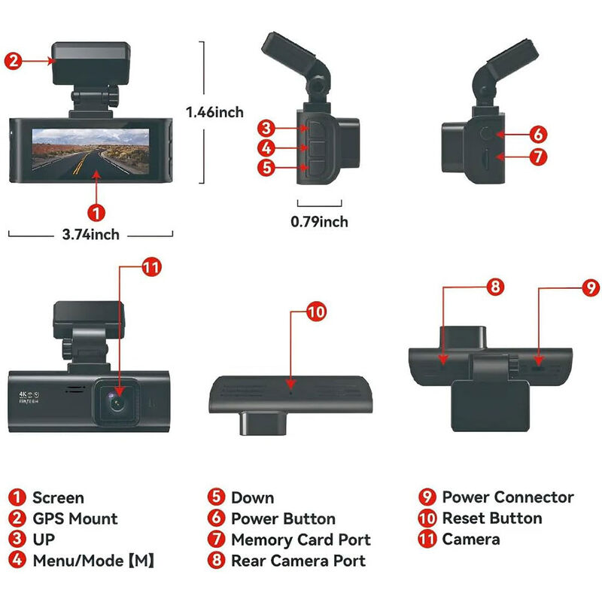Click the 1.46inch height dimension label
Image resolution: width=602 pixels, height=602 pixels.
click(x=215, y=112)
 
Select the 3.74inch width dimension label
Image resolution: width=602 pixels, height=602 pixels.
click(x=90, y=235)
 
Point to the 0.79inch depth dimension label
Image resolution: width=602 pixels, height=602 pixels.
click(x=319, y=221)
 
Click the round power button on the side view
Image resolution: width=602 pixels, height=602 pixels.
click(x=488, y=135)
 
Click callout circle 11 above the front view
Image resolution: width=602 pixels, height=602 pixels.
click(x=151, y=266)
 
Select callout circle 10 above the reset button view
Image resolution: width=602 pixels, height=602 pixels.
click(x=315, y=312)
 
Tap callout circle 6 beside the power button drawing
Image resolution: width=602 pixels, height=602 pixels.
click(x=537, y=134)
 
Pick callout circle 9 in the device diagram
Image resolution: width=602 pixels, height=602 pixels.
click(x=590, y=287)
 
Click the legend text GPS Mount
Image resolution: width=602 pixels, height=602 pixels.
click(x=74, y=518)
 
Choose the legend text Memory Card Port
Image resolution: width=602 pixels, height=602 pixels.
click(x=300, y=540)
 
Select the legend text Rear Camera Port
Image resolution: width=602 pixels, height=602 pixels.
click(x=298, y=561)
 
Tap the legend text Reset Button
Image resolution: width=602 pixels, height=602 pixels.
click(x=491, y=518)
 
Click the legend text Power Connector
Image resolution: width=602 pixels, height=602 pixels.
click(x=507, y=497)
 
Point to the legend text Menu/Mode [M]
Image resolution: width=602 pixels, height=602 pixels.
click(x=94, y=561)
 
